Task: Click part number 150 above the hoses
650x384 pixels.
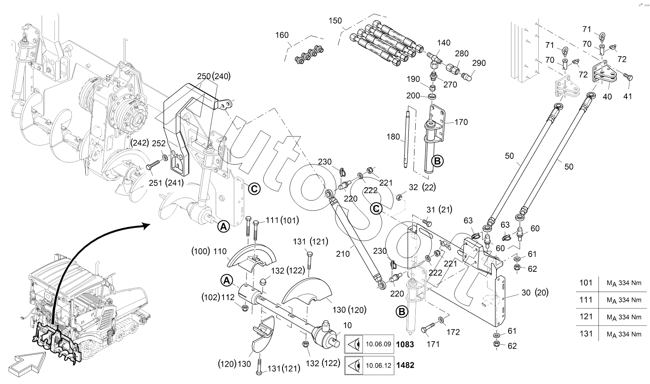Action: click(336, 21)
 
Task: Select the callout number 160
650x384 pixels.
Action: click(282, 35)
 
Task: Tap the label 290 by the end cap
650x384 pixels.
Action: click(479, 63)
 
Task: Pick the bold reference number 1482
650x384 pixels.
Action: click(405, 365)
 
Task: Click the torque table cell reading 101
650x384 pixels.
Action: click(586, 283)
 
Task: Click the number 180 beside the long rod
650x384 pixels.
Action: click(393, 137)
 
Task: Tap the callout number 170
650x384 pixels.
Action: click(461, 122)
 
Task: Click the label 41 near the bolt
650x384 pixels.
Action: click(627, 97)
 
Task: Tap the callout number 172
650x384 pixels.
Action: click(453, 332)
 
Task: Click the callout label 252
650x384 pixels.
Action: click(158, 144)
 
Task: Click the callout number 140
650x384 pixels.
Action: click(444, 43)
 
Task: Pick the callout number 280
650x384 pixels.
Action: click(462, 54)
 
